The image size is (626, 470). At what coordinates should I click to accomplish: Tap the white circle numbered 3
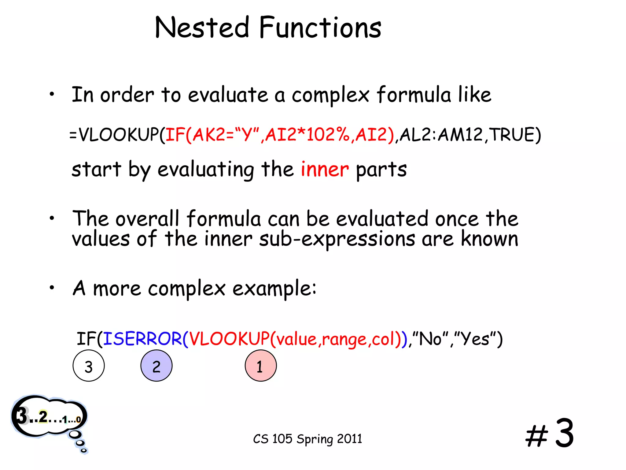(x=89, y=366)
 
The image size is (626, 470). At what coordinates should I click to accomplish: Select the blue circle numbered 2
(x=156, y=366)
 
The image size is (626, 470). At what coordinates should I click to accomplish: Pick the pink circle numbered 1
(x=261, y=366)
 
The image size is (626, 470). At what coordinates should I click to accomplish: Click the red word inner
(x=325, y=169)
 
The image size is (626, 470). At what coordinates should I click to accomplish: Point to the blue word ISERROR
(x=142, y=339)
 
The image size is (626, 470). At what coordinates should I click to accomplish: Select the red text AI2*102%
(x=307, y=135)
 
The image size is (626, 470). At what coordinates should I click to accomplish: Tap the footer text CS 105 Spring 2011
(x=307, y=439)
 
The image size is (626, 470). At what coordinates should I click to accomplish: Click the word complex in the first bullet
(x=330, y=95)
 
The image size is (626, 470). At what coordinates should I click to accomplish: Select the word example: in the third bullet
(x=274, y=288)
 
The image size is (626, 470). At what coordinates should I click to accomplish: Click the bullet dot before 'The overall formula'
(x=52, y=218)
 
